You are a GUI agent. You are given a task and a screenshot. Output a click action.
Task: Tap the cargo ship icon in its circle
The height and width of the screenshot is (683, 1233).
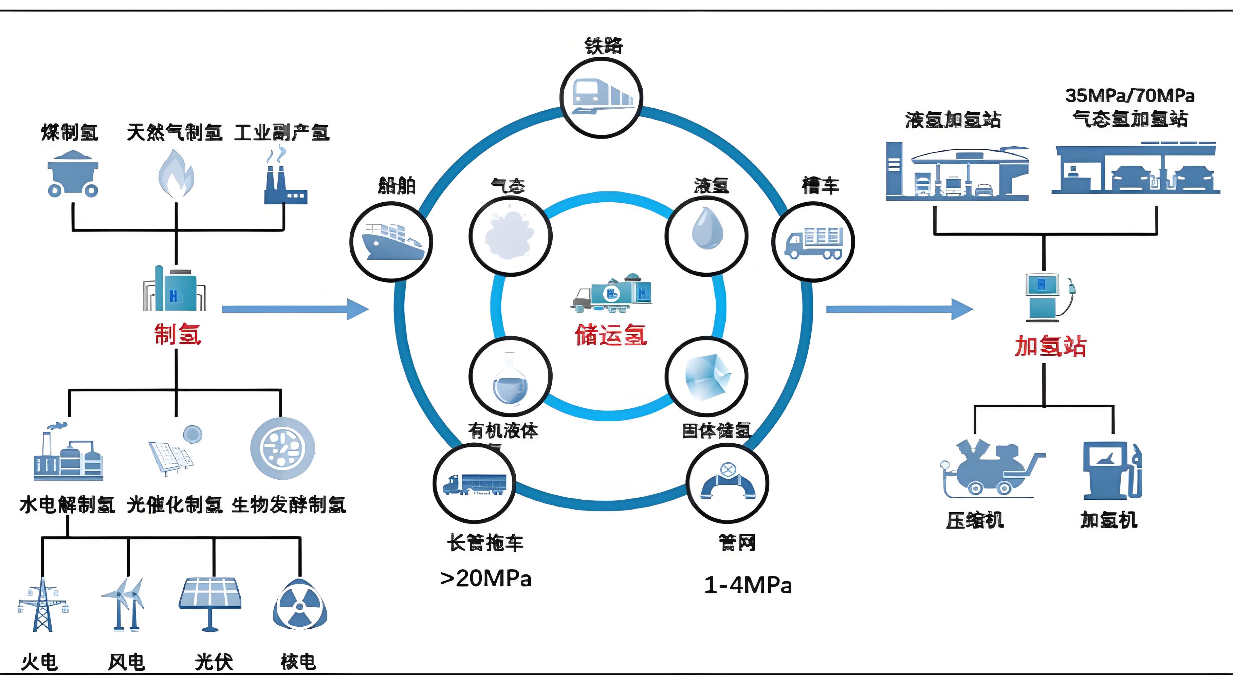pyautogui.click(x=391, y=241)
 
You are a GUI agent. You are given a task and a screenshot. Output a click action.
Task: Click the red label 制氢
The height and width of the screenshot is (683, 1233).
pyautogui.click(x=178, y=334)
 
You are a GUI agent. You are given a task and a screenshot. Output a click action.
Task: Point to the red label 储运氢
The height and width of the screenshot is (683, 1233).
pyautogui.click(x=611, y=335)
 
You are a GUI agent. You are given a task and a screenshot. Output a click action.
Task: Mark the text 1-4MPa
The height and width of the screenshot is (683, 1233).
pyautogui.click(x=748, y=585)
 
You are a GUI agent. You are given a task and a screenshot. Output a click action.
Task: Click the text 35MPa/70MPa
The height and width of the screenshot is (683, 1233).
pyautogui.click(x=1129, y=96)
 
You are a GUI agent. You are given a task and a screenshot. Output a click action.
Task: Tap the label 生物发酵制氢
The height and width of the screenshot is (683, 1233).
pyautogui.click(x=289, y=505)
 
